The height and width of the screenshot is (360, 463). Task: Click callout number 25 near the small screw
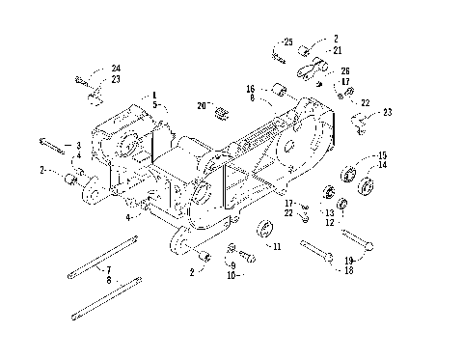tap(286, 41)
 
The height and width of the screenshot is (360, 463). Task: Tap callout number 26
tap(346, 70)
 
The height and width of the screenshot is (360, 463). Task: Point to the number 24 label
tap(116, 69)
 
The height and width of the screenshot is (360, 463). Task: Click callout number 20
tap(200, 104)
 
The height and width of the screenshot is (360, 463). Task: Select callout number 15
tap(382, 155)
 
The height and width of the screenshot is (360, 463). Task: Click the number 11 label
tap(277, 248)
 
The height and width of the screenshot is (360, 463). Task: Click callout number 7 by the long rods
tap(109, 269)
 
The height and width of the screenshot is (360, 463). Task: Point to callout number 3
tap(78, 145)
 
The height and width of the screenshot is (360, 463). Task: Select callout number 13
tap(329, 212)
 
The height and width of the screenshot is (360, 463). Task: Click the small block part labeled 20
tap(221, 111)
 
